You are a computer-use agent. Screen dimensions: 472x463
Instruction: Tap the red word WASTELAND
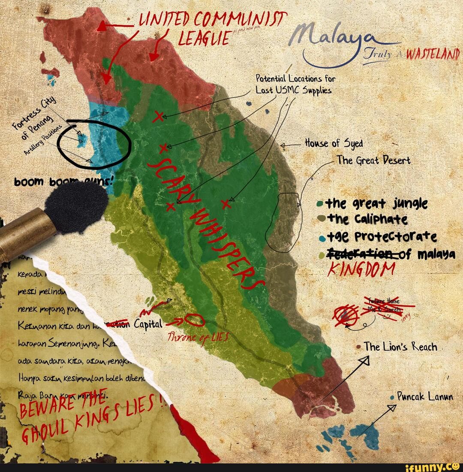coord(434,55)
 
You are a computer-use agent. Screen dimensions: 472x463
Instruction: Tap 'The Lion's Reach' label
coord(400,347)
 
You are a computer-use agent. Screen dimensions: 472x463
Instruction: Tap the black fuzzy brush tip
coord(77,206)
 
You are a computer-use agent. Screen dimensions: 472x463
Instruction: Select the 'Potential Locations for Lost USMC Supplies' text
coord(295,85)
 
